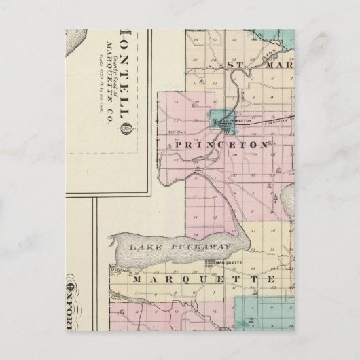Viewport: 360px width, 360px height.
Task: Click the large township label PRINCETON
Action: (x=211, y=145)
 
